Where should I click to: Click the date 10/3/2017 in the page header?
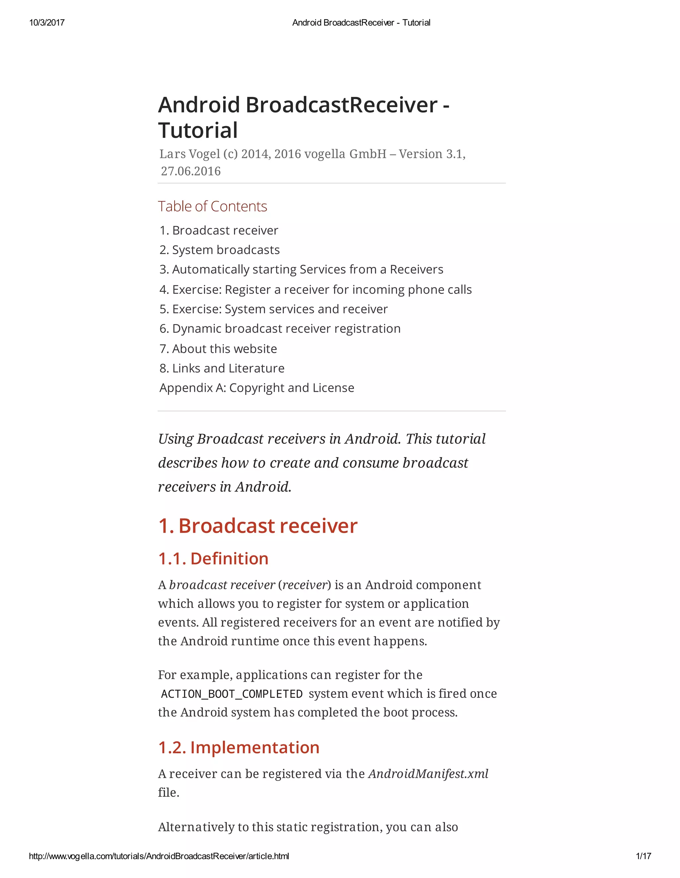tap(47, 23)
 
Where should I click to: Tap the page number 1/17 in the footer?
tap(643, 856)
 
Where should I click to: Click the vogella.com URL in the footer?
tap(159, 856)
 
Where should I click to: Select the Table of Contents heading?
tap(212, 206)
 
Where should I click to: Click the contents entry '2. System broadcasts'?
tap(219, 250)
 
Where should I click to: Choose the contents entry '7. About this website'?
tap(218, 349)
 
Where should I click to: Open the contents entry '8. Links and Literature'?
tap(222, 368)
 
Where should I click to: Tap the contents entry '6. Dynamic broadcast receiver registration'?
tap(280, 328)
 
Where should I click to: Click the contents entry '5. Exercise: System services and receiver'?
tap(274, 309)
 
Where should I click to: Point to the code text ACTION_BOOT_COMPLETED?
tap(232, 694)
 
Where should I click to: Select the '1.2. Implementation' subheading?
tap(239, 747)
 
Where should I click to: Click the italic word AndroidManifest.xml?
tap(428, 774)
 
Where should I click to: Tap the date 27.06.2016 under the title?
tap(191, 171)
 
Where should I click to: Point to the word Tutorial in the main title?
tap(198, 130)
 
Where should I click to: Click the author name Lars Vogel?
tap(190, 154)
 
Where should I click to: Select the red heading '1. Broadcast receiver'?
tap(258, 525)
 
